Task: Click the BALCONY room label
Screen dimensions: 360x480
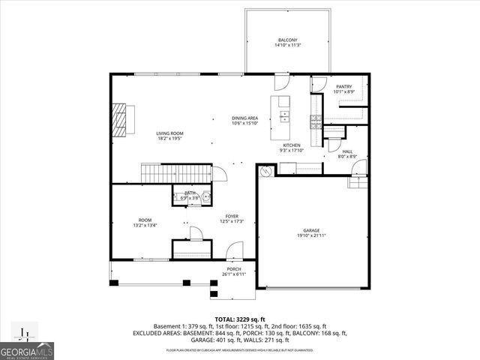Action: tap(288, 40)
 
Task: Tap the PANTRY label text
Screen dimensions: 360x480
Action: tap(344, 87)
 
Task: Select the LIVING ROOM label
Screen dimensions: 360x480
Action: tap(169, 133)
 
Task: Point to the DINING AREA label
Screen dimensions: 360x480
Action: tap(245, 118)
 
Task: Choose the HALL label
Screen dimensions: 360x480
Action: tap(347, 151)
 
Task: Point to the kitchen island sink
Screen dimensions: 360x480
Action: tap(284, 116)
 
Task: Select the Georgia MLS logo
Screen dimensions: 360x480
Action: tap(25, 346)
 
